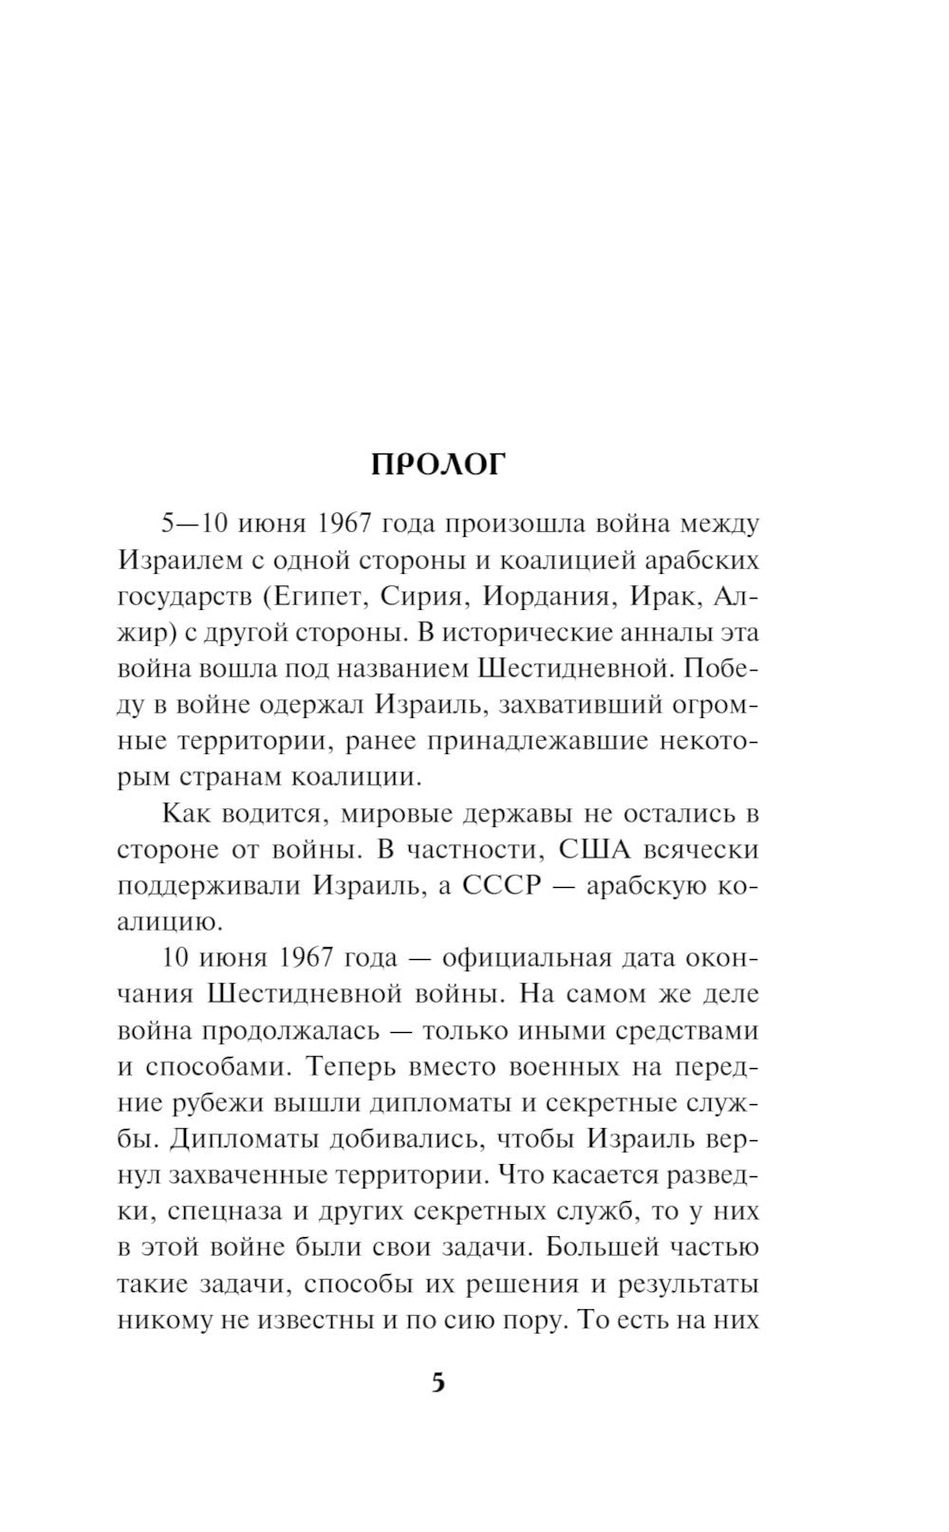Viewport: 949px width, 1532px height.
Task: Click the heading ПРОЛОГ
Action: [439, 464]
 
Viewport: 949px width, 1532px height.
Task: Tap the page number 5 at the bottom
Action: [437, 1382]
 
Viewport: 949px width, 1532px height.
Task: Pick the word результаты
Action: [688, 1283]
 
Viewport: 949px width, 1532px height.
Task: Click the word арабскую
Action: [645, 885]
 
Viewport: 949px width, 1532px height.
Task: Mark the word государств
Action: [181, 596]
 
